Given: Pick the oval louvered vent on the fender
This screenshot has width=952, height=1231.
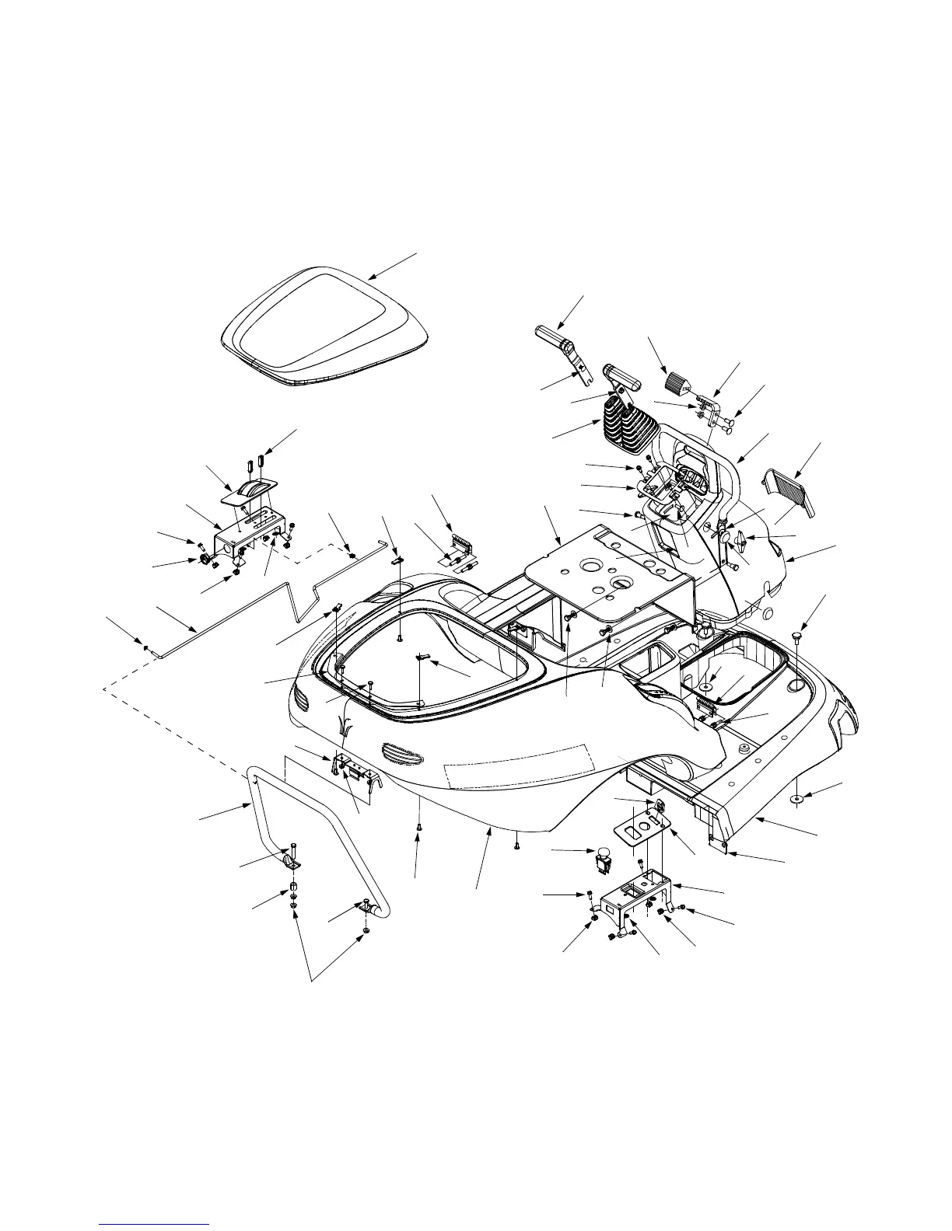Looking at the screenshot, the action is pos(403,753).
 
